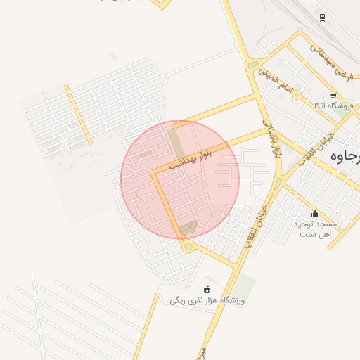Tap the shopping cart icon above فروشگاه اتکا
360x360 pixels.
point(333,95)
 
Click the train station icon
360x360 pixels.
point(322,18)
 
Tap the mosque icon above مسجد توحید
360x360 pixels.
point(315,214)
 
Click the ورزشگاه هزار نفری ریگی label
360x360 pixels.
point(207,300)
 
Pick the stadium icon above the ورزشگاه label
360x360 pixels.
point(207,288)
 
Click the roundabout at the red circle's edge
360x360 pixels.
point(187,246)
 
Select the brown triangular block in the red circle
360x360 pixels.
point(188,229)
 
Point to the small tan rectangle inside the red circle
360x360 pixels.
point(146,154)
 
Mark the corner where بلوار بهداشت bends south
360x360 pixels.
point(154,173)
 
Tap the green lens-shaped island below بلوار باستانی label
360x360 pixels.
point(278,184)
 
